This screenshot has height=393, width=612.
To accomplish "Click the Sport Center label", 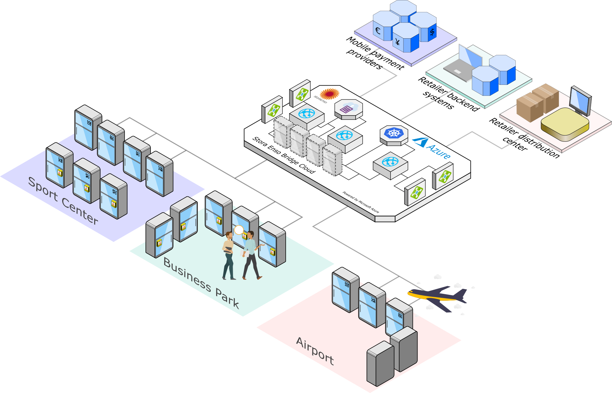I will pyautogui.click(x=63, y=201).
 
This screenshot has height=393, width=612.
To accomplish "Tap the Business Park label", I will pyautogui.click(x=201, y=283).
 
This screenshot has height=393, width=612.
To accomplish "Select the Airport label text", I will pyautogui.click(x=315, y=351).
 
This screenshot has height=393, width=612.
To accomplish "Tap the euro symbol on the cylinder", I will pyautogui.click(x=378, y=31).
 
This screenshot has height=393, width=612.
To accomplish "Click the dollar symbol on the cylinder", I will pyautogui.click(x=432, y=32).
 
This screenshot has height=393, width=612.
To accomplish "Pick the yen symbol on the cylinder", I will pyautogui.click(x=398, y=42).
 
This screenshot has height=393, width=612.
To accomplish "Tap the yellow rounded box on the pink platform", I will pyautogui.click(x=565, y=124).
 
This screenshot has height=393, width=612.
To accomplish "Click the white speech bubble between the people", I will pyautogui.click(x=239, y=230).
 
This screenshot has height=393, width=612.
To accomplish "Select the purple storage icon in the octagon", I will pyautogui.click(x=347, y=108).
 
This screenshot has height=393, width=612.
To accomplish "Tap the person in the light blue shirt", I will pyautogui.click(x=251, y=255).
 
